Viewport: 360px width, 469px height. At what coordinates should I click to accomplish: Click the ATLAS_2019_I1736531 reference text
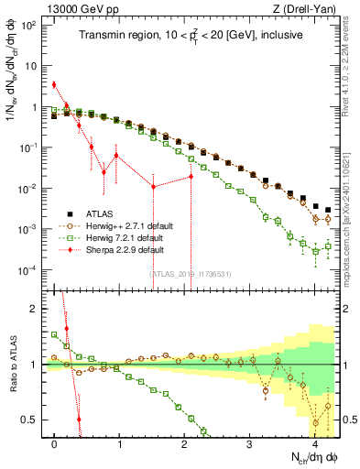pyautogui.click(x=191, y=273)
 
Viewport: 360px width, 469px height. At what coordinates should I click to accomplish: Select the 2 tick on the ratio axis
pyautogui.click(x=36, y=309)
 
